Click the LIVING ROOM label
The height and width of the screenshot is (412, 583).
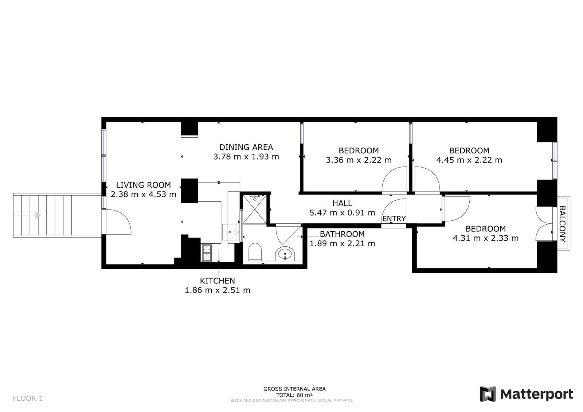point(144,185)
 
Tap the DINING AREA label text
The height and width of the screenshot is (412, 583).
point(246,147)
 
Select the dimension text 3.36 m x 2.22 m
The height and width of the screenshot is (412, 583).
point(359,160)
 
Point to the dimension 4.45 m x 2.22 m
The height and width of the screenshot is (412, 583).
point(469,160)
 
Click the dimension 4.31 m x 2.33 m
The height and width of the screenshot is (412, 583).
point(486,238)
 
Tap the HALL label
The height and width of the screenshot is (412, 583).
point(342,203)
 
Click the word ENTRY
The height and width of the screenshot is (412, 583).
point(394,219)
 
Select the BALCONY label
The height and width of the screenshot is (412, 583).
point(563,224)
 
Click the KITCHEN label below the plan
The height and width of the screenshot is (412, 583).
point(217,281)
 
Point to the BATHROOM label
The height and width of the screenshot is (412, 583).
point(342,234)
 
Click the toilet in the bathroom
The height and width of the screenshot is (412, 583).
point(255,252)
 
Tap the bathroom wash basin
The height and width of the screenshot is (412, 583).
point(285,254)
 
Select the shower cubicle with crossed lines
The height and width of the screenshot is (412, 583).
point(255,209)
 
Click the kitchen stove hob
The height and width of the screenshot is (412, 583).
point(207,253)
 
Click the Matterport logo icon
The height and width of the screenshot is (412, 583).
point(488,394)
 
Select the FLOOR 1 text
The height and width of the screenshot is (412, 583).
point(28,399)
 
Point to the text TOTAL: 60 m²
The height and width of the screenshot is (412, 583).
point(294,395)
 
